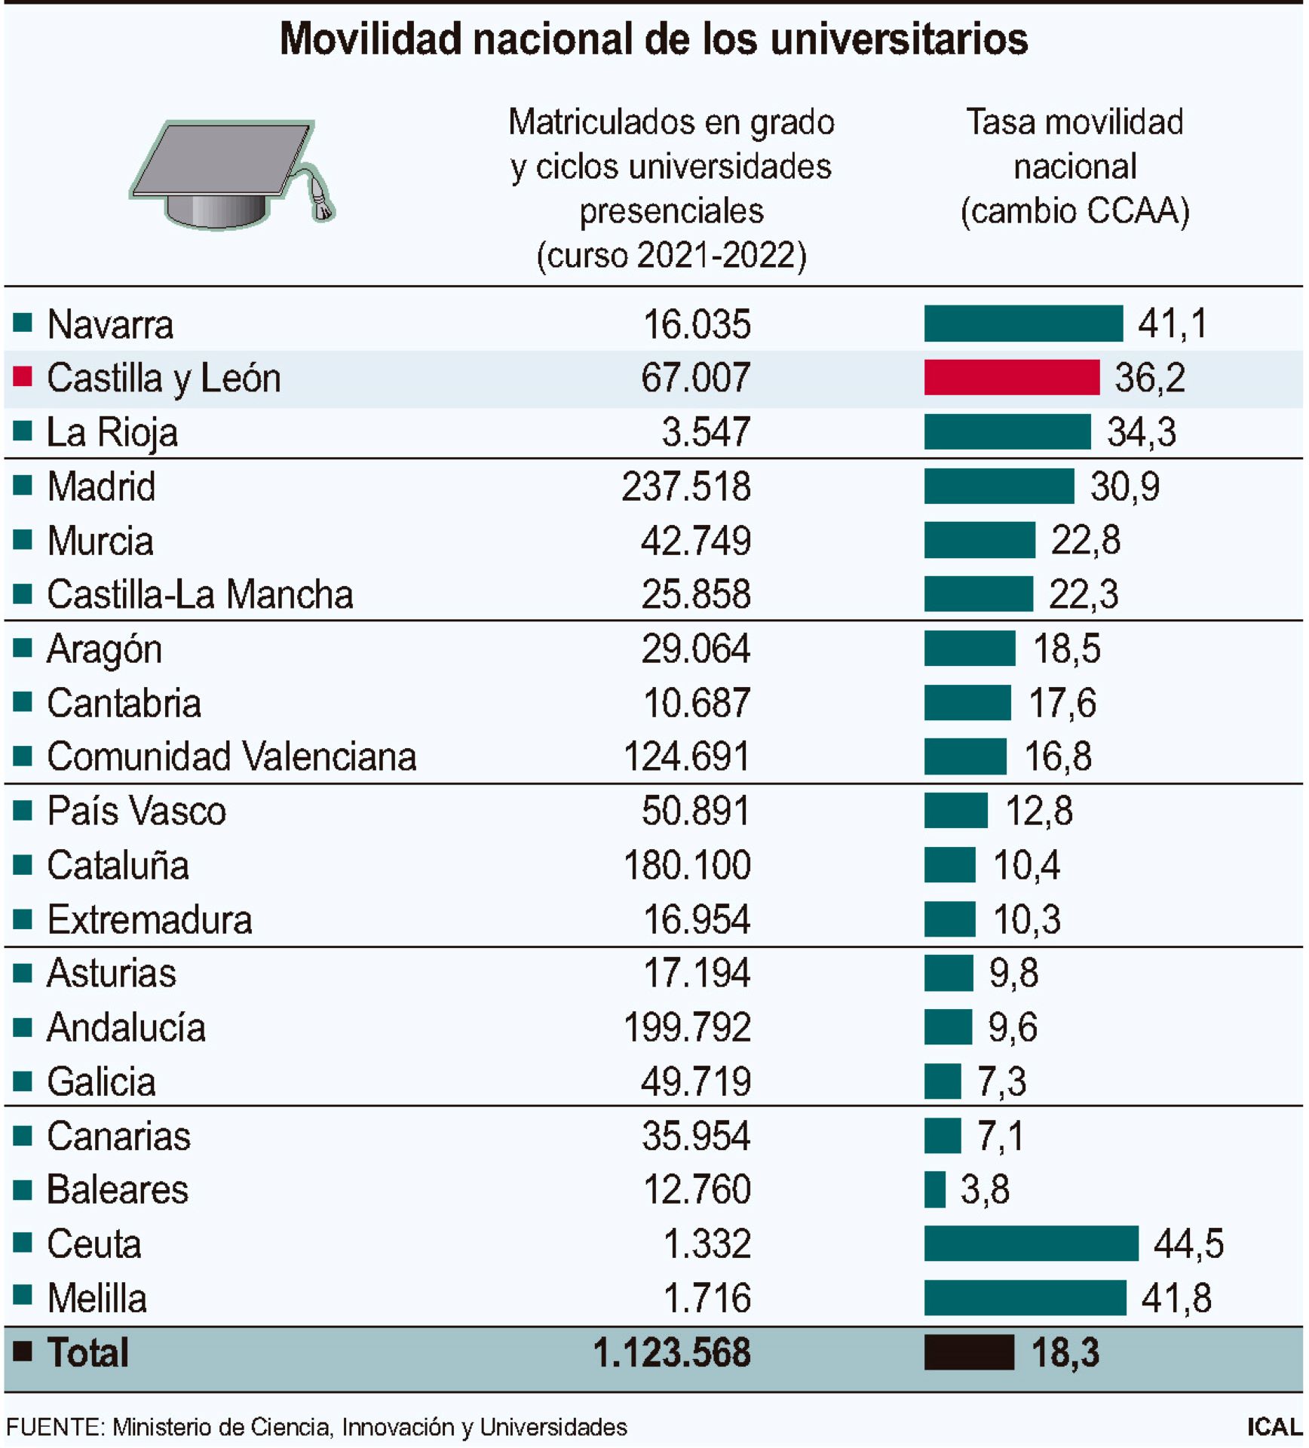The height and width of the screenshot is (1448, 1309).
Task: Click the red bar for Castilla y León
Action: point(1011,377)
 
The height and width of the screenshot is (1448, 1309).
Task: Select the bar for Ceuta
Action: point(1031,1243)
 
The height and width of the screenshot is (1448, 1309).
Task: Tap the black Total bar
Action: point(969,1352)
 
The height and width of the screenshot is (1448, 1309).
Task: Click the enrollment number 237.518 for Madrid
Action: point(685,486)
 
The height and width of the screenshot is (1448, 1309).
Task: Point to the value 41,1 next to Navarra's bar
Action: point(1172,324)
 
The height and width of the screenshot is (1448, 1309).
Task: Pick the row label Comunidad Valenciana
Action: point(231,756)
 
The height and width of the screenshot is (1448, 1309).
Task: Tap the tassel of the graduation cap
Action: point(321,202)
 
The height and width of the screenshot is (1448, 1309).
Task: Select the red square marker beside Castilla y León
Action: point(23,376)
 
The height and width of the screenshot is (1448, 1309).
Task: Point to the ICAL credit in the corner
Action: point(1274,1427)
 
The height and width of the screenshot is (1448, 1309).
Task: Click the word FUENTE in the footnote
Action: point(55,1427)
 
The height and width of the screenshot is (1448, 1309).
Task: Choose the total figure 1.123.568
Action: point(671,1352)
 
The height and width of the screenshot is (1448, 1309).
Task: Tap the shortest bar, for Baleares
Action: point(934,1189)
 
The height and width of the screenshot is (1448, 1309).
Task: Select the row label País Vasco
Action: point(136,811)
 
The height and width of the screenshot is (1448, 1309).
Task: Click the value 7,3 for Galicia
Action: point(1001,1081)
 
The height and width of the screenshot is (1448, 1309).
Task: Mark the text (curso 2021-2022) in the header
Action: point(671,255)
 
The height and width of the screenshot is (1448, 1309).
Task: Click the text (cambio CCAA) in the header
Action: point(1074,211)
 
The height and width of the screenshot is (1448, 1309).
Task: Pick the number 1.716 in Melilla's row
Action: point(707,1298)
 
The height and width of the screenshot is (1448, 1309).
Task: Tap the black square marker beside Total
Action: point(23,1351)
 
